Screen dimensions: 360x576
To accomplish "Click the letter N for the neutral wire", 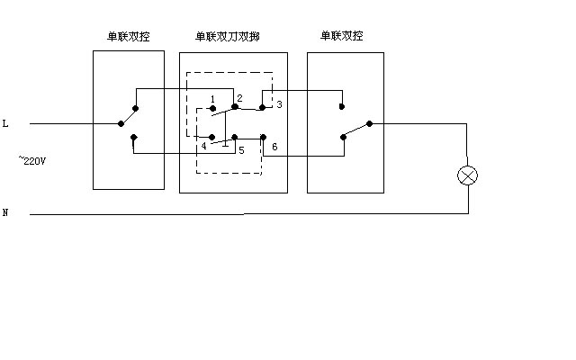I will (5, 212).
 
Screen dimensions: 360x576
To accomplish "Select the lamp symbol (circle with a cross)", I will (467, 175).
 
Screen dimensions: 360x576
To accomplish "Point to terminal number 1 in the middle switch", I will (212, 97).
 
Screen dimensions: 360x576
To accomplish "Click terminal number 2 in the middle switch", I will (240, 96).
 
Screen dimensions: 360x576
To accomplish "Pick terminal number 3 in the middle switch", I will (279, 105).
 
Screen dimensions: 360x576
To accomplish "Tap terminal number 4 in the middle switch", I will (204, 145).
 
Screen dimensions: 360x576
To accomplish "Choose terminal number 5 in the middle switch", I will (241, 150).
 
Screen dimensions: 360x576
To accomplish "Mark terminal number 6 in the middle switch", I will (274, 146).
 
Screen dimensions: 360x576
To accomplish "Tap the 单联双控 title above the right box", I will (342, 36).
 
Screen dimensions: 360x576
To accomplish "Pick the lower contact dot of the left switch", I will (133, 138).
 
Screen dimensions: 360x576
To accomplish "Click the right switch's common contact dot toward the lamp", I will (369, 124).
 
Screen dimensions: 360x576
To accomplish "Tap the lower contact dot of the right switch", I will (343, 138).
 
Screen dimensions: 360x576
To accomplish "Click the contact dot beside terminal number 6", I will (262, 137).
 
